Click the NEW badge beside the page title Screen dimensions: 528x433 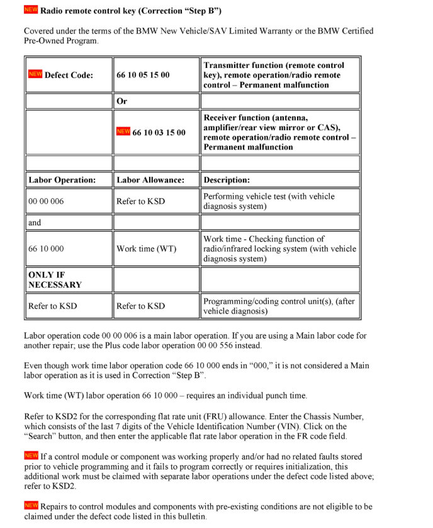click(31, 10)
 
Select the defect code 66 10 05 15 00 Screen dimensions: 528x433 click(143, 75)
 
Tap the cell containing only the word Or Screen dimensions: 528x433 click(122, 101)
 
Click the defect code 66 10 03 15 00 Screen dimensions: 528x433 click(159, 132)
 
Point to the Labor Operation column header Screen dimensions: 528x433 click(62, 180)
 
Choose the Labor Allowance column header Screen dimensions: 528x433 click(150, 180)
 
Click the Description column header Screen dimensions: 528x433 click(227, 180)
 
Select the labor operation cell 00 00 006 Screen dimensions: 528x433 click(46, 201)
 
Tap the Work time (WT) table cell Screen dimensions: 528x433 click(147, 249)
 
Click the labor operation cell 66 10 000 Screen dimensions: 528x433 click(46, 249)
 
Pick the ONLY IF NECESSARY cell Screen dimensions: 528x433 click(55, 279)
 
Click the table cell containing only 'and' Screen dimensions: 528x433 click(35, 222)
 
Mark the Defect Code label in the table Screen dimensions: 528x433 click(69, 75)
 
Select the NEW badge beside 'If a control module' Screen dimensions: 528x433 click(31, 455)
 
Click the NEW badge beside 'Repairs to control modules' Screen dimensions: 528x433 click(31, 505)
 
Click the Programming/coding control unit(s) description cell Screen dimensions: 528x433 click(279, 306)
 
